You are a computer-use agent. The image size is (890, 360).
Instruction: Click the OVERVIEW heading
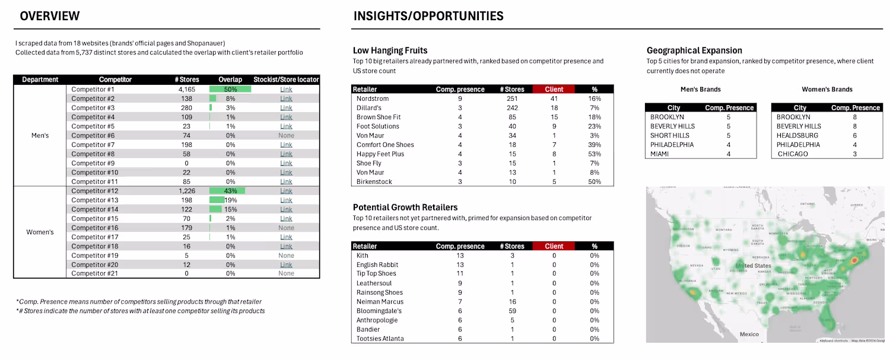[50, 16]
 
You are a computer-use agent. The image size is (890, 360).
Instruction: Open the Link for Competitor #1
[286, 90]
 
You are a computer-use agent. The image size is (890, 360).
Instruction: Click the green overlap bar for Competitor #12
[227, 191]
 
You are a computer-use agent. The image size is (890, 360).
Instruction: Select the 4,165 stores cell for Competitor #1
[187, 90]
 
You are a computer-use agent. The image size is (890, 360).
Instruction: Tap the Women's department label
[40, 232]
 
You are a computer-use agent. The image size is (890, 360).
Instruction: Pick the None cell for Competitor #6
[286, 136]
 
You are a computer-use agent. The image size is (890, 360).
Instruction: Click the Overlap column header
[230, 79]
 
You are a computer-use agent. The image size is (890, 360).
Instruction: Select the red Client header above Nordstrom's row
[554, 89]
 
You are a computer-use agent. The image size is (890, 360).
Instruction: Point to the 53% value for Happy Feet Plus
[595, 154]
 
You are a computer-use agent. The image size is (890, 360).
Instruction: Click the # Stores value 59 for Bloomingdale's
[512, 311]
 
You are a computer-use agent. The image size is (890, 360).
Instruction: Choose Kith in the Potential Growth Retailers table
[363, 256]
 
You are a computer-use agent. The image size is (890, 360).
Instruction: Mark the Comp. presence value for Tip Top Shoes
[460, 274]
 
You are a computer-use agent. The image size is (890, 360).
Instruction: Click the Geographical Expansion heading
[694, 50]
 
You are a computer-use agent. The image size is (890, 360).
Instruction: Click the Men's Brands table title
[700, 90]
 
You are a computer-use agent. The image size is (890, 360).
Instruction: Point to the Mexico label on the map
[749, 334]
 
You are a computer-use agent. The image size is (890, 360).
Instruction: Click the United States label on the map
[754, 266]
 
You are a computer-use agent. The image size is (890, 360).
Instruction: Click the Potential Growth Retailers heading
[405, 207]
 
